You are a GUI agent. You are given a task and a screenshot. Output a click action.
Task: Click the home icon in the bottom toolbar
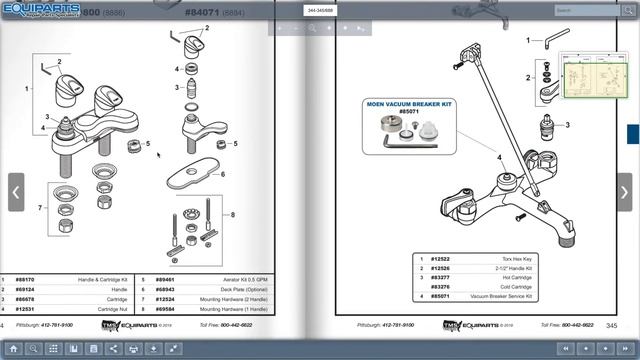(x=12, y=348)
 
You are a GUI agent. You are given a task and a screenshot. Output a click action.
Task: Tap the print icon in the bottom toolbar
(x=133, y=348)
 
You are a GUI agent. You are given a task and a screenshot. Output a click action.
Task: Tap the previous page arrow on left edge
(x=16, y=192)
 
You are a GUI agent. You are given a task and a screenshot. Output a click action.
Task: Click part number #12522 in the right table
(x=440, y=260)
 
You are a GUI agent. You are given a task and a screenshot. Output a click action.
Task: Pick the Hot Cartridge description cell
(x=508, y=278)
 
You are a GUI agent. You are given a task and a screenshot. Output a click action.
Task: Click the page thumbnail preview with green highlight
(x=593, y=76)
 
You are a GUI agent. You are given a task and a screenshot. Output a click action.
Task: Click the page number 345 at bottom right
(x=610, y=325)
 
